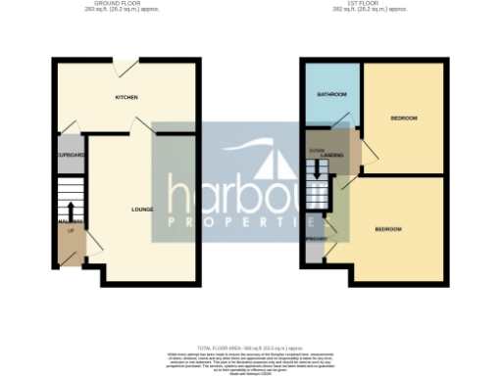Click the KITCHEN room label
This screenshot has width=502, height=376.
pos(126,98)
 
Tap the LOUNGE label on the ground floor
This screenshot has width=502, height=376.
pos(142,210)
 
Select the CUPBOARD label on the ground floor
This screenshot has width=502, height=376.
pos(72,156)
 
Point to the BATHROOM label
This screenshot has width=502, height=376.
pos(331,95)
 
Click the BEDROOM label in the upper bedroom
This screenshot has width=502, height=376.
pos(404,118)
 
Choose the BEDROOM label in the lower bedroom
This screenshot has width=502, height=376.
pos(388,229)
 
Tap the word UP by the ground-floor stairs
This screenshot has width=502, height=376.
pos(71,230)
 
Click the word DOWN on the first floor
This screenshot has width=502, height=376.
pos(316,150)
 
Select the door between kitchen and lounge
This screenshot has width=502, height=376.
pos(143,126)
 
